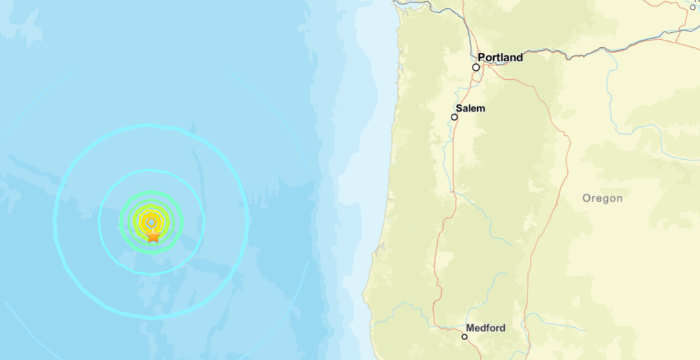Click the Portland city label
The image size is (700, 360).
[500, 57]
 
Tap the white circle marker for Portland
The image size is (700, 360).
[476, 67]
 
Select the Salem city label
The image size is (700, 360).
[470, 108]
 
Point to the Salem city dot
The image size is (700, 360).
[455, 117]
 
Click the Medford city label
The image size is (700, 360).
[486, 328]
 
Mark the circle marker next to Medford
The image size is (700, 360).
[464, 337]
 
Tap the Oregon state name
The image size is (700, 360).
[602, 198]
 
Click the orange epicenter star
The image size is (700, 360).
[153, 236]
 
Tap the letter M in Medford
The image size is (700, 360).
[470, 328]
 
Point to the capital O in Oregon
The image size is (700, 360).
[587, 198]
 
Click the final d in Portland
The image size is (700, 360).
[519, 57]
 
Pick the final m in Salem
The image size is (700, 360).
[482, 108]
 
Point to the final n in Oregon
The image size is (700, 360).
[620, 198]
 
